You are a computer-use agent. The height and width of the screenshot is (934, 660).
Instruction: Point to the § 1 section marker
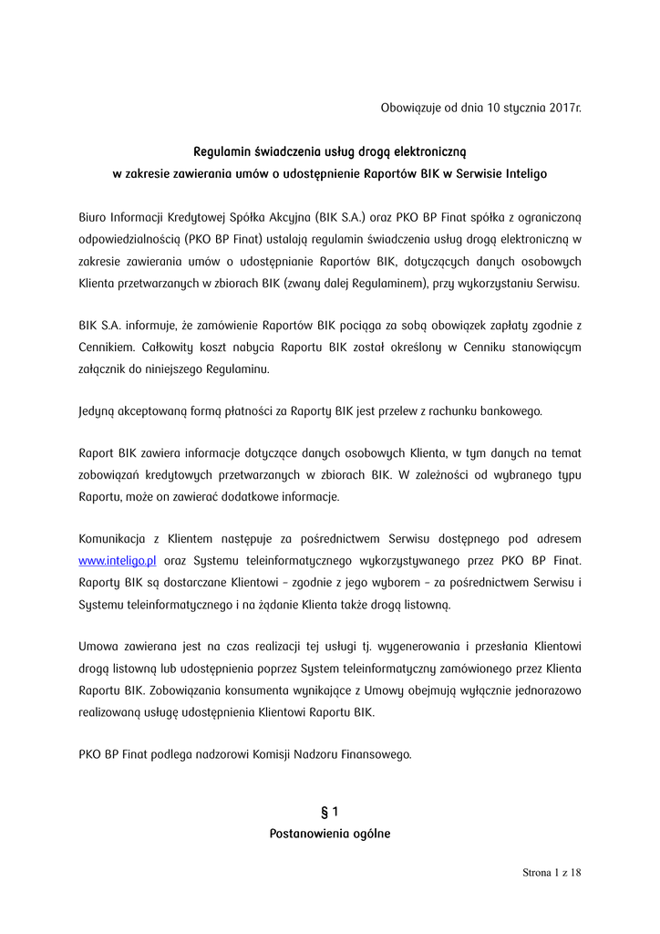click(330, 811)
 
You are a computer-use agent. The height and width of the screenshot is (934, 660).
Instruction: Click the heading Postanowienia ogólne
click(330, 834)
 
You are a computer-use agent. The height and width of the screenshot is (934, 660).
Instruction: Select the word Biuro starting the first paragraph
click(95, 218)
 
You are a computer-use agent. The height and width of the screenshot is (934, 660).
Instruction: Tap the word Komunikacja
click(119, 540)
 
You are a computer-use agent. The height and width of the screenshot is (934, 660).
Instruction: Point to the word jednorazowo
click(545, 690)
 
